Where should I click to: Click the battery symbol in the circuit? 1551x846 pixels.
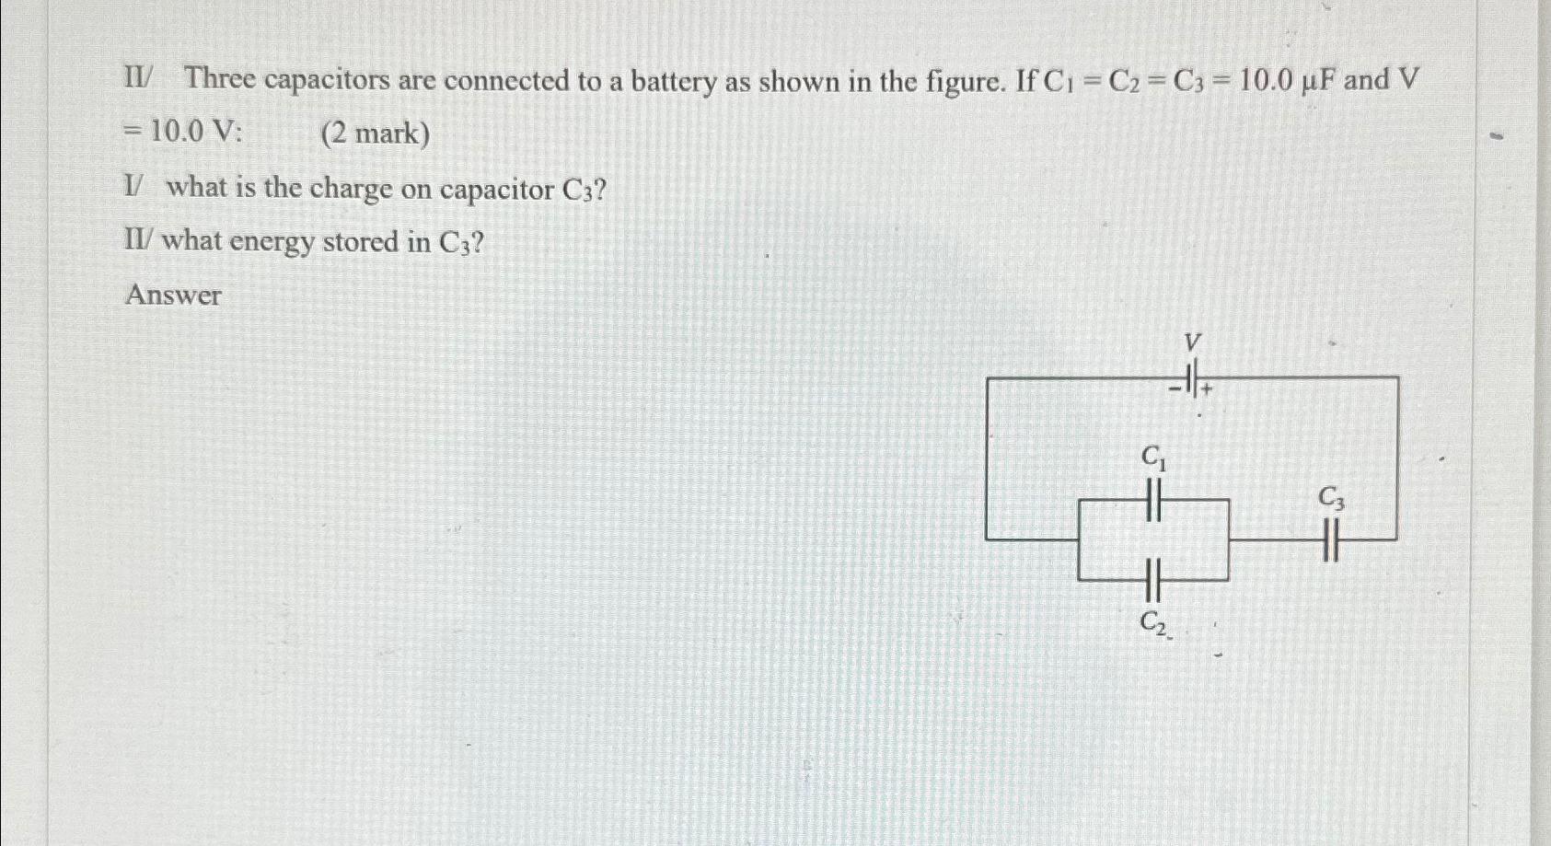tap(1192, 377)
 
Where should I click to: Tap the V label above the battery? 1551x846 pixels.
tap(1192, 343)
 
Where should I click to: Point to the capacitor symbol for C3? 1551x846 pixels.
tap(1329, 539)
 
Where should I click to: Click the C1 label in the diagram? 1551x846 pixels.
tap(1153, 457)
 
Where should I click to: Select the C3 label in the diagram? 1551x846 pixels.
tap(1331, 499)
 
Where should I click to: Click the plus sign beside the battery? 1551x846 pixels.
tap(1207, 389)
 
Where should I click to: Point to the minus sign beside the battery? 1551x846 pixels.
tap(1175, 389)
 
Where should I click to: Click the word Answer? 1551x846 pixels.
tap(173, 296)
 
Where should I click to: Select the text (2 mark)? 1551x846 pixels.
tap(375, 134)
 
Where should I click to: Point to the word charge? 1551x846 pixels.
tap(351, 189)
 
